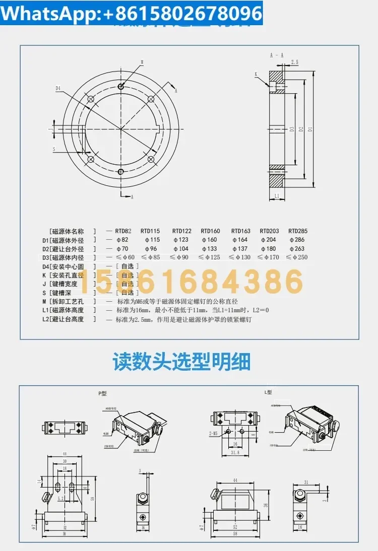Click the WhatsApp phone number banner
point(132,13)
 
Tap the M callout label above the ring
point(142,62)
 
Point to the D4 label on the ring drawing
point(58,88)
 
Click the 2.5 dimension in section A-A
point(294,62)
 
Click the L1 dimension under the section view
point(277,195)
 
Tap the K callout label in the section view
point(256,74)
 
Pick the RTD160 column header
point(210,231)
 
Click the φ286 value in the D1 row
point(297,240)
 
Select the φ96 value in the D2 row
point(152,249)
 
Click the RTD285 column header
point(297,231)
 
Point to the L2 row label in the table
point(63,319)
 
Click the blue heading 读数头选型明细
point(181,362)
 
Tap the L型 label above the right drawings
point(268,392)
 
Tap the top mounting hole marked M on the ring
point(121,87)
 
